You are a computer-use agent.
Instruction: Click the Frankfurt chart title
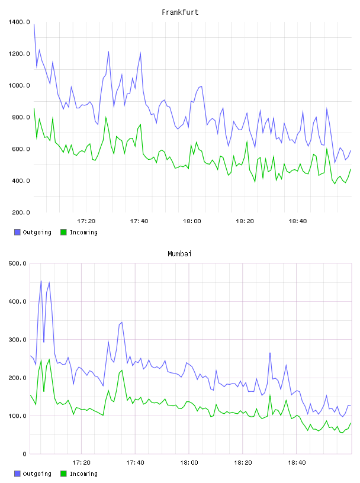pos(180,12)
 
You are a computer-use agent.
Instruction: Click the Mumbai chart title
pos(179,254)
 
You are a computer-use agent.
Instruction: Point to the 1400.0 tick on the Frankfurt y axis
pos(19,22)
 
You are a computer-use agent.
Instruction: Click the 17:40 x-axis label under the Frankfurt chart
pos(139,221)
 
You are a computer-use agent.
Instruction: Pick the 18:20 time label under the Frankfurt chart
pos(245,221)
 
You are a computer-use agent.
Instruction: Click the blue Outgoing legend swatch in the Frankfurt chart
pos(17,232)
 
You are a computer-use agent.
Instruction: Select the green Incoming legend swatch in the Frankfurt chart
pos(63,232)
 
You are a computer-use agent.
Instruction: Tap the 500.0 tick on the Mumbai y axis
pos(17,263)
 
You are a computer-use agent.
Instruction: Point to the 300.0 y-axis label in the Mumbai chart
pos(17,340)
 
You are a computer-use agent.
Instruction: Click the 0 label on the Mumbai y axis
pos(24,454)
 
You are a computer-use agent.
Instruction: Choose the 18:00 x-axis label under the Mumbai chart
pos(189,463)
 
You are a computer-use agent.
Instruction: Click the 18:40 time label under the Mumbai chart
pos(297,463)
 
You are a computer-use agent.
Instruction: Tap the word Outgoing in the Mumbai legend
pos(37,474)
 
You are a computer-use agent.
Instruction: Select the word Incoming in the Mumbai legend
pos(83,474)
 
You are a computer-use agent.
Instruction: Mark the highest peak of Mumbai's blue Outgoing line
pos(41,281)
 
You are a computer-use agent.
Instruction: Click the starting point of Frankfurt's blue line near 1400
pos(34,24)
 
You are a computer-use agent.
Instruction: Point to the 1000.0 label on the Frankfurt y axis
pos(19,86)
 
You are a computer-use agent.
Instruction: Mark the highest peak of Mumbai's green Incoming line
pos(49,359)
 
